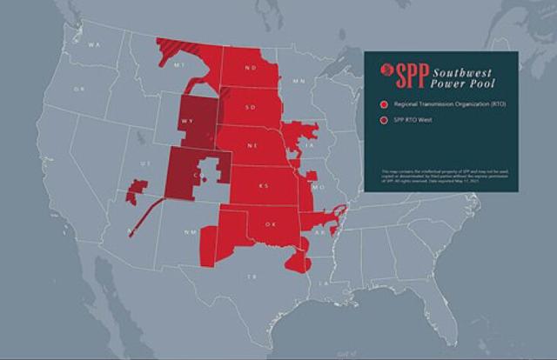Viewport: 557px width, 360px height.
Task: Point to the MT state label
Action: [x=179, y=64]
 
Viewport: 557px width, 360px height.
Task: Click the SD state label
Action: [x=252, y=108]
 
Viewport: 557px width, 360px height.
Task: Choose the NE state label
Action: [x=251, y=145]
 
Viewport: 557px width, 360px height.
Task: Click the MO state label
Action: [x=318, y=187]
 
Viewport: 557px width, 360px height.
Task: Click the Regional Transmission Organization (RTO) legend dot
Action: [x=384, y=105]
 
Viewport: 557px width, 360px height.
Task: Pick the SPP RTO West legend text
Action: [x=413, y=119]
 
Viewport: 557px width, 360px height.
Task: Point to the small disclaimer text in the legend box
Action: [x=441, y=179]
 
